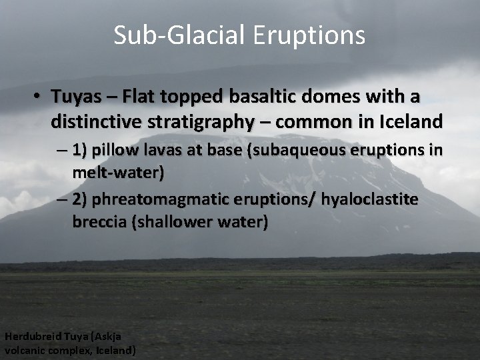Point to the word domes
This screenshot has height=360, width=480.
tap(316, 97)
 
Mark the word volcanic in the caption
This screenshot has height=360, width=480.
tap(25, 349)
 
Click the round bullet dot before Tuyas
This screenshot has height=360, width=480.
tap(39, 98)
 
